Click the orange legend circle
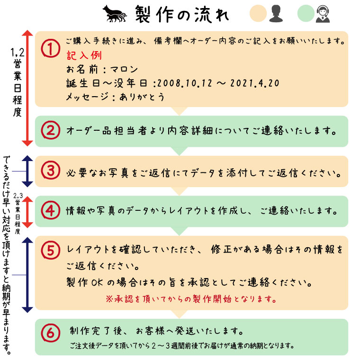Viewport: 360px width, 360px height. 258,14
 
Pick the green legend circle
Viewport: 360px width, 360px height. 306,14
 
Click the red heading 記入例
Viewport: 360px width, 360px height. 84,54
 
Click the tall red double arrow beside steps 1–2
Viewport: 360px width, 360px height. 27,88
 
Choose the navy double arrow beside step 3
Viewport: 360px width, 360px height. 27,171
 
